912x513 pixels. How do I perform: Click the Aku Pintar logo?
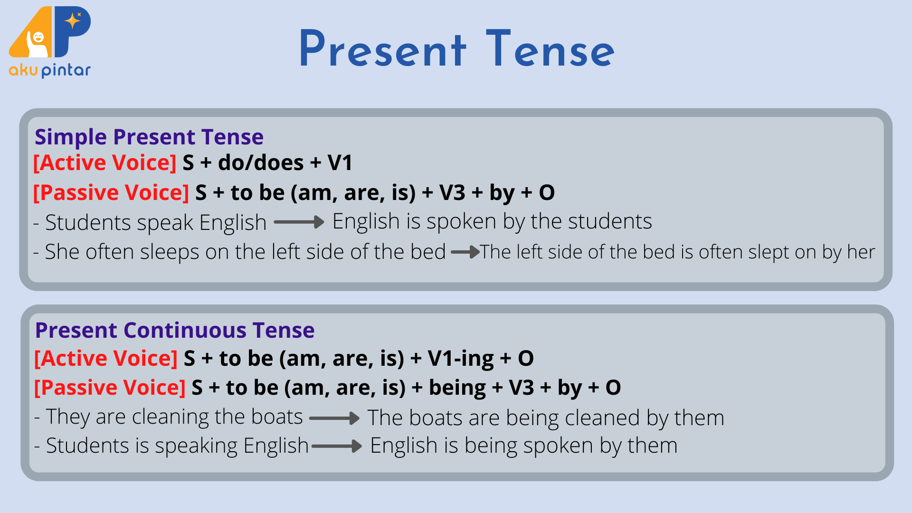(50, 42)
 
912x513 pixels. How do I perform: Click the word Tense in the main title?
(551, 49)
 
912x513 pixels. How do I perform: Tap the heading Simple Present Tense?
(149, 137)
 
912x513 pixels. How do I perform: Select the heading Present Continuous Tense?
(175, 330)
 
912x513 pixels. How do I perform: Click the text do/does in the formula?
(261, 163)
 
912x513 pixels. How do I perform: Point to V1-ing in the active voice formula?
(461, 359)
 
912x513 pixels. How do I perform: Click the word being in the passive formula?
(457, 388)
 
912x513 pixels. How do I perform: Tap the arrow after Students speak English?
(299, 222)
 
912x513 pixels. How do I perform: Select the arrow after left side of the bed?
(465, 252)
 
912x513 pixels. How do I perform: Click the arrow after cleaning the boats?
(335, 418)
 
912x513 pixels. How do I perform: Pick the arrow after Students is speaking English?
(337, 446)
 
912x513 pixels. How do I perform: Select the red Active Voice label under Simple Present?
(105, 163)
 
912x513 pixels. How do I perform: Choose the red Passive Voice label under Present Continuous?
(110, 388)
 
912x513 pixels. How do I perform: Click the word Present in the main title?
(383, 49)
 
